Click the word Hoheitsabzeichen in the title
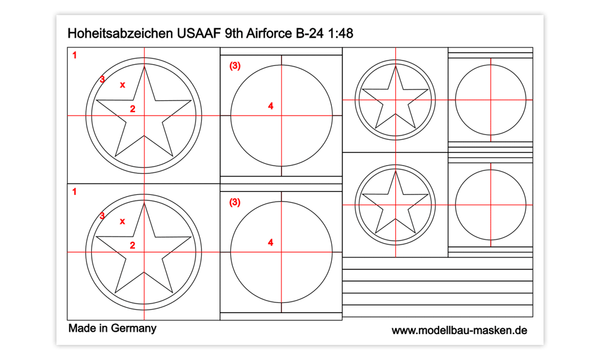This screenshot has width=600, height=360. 120,33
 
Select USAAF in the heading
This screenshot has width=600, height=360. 199,33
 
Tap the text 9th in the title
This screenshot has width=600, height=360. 234,33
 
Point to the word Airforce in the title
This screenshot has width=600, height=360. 269,33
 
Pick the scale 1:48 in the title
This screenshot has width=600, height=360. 341,33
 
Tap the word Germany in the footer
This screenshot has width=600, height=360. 134,329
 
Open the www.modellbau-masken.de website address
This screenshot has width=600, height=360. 459,331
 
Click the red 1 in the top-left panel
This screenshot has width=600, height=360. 74,55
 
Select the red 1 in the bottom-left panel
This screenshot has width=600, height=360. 74,191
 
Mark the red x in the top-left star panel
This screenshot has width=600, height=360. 122,85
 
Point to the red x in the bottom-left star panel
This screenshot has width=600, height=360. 122,221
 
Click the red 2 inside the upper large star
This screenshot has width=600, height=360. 133,109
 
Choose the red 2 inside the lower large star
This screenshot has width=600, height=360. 133,245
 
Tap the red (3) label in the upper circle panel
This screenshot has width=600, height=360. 235,66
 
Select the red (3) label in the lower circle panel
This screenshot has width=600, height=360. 235,202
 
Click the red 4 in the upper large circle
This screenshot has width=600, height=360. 271,106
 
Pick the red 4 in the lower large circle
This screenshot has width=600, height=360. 271,242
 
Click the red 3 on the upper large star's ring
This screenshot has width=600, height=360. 102,80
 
